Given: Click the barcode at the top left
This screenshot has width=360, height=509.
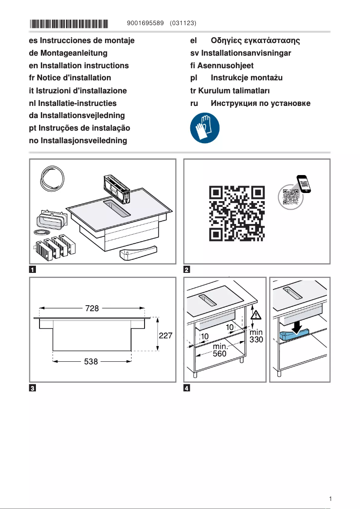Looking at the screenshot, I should click(x=70, y=23).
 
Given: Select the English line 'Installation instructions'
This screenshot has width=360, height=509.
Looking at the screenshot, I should click(x=79, y=66).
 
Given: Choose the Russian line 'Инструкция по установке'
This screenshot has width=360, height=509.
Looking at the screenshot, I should click(x=260, y=103).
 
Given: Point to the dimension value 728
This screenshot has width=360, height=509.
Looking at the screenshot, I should click(x=92, y=308).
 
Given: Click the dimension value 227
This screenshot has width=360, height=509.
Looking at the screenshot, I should click(x=167, y=335).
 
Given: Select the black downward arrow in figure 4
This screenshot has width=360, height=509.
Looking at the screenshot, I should click(x=297, y=326).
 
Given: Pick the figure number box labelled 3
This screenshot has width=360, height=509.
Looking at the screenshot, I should click(x=33, y=388).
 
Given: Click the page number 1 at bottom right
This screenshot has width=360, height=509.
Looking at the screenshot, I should click(x=330, y=499).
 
